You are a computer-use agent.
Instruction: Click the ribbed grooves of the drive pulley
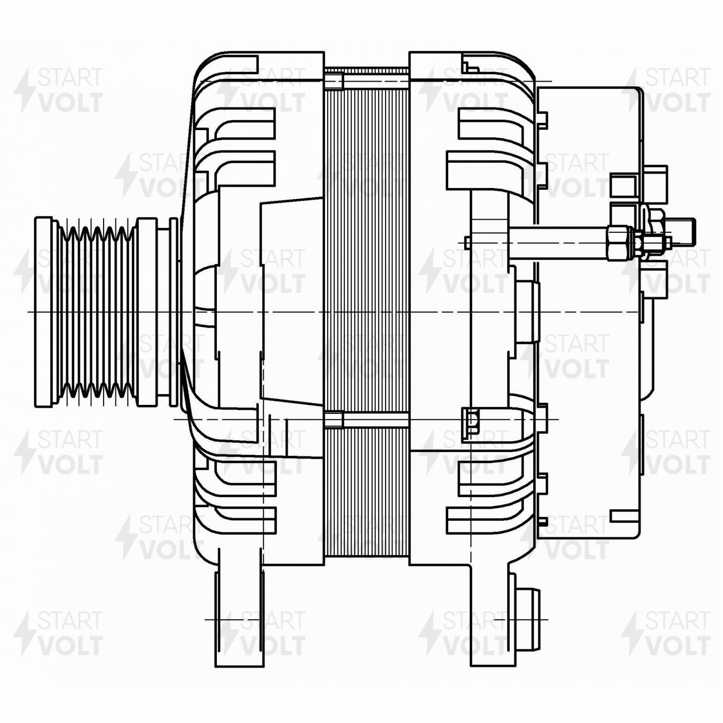97,312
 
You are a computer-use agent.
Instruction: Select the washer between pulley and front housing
174,312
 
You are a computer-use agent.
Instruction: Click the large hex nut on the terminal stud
619,243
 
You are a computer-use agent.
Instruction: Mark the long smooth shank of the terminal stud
559,243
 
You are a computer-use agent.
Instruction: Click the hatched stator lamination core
366,312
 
